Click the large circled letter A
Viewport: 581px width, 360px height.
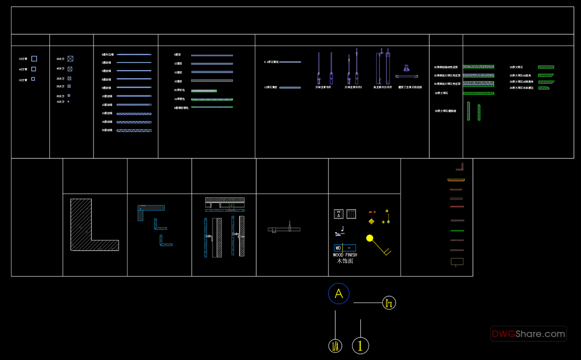tap(339, 293)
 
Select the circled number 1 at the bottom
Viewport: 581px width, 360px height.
tap(360, 345)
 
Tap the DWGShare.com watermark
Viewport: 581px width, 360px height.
tap(528, 334)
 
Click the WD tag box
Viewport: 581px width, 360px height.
tap(338, 248)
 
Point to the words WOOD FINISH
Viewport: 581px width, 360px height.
tap(345, 255)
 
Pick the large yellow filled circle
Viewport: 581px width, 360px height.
tap(370, 238)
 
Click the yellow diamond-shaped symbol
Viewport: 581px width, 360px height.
tap(371, 221)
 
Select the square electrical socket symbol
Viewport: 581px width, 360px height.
tap(339, 214)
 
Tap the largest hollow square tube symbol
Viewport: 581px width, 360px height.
tap(34, 59)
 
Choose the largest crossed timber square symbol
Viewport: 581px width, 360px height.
tap(70, 59)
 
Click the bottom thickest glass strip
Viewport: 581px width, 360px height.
tap(134, 131)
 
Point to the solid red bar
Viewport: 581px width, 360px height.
tap(457, 207)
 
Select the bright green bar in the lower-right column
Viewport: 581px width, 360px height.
tap(457, 231)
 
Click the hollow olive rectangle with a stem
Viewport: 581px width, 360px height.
tap(457, 261)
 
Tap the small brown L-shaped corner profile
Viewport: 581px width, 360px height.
tap(460, 167)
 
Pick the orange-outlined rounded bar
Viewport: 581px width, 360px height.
tap(456, 180)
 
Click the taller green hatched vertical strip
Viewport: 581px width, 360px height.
tap(468, 111)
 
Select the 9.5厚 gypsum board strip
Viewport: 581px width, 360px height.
tap(290, 62)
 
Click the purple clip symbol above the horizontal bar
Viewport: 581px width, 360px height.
tap(406, 68)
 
